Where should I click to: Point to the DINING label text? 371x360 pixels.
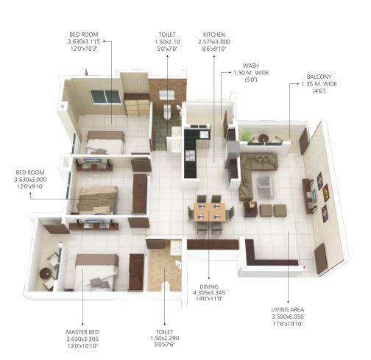coord(208,286)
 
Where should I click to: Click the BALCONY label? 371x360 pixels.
coord(319,76)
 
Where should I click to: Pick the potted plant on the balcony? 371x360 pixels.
coord(246,136)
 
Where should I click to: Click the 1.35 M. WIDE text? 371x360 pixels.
coord(319,84)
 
